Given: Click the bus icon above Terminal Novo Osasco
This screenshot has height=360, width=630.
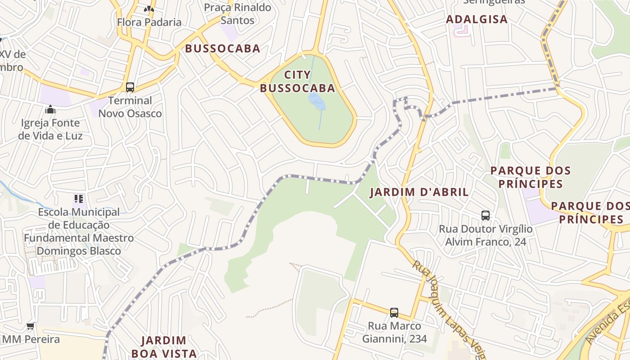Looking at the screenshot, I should click(130, 87).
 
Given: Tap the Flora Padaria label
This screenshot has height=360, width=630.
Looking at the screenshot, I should click(149, 22).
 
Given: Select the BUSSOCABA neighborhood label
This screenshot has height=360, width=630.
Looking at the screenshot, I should click(223, 49).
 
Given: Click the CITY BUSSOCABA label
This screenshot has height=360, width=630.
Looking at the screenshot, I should click(297, 81).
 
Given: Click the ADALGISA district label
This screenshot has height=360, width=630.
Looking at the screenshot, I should click(477, 19).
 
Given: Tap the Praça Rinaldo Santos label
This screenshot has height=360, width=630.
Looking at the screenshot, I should click(238, 14).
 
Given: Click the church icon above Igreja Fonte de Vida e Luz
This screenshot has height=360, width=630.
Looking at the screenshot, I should click(50, 109).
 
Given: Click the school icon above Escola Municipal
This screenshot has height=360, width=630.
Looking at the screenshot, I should click(79, 198).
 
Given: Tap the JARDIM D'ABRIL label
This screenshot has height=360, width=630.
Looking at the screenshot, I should click(419, 192).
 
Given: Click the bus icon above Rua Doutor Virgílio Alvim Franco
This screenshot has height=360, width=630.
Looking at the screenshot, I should click(485, 215).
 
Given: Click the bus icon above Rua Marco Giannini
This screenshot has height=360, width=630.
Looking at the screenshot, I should click(394, 312).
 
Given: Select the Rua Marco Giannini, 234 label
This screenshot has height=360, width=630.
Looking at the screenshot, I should click(394, 332).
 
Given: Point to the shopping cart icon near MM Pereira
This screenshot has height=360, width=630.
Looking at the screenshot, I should click(31, 326).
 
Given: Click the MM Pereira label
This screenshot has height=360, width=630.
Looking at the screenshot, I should click(31, 339).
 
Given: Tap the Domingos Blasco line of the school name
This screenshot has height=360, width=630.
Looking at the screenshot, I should click(79, 251).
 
